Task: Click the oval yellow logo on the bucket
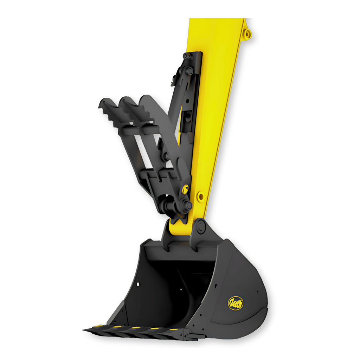click(x=236, y=303)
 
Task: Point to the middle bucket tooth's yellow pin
click(x=135, y=328)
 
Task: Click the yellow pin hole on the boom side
click(x=200, y=196)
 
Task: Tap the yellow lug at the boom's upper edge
click(x=248, y=34)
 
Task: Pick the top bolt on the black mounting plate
click(x=185, y=56)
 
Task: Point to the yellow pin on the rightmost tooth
click(x=172, y=329)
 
